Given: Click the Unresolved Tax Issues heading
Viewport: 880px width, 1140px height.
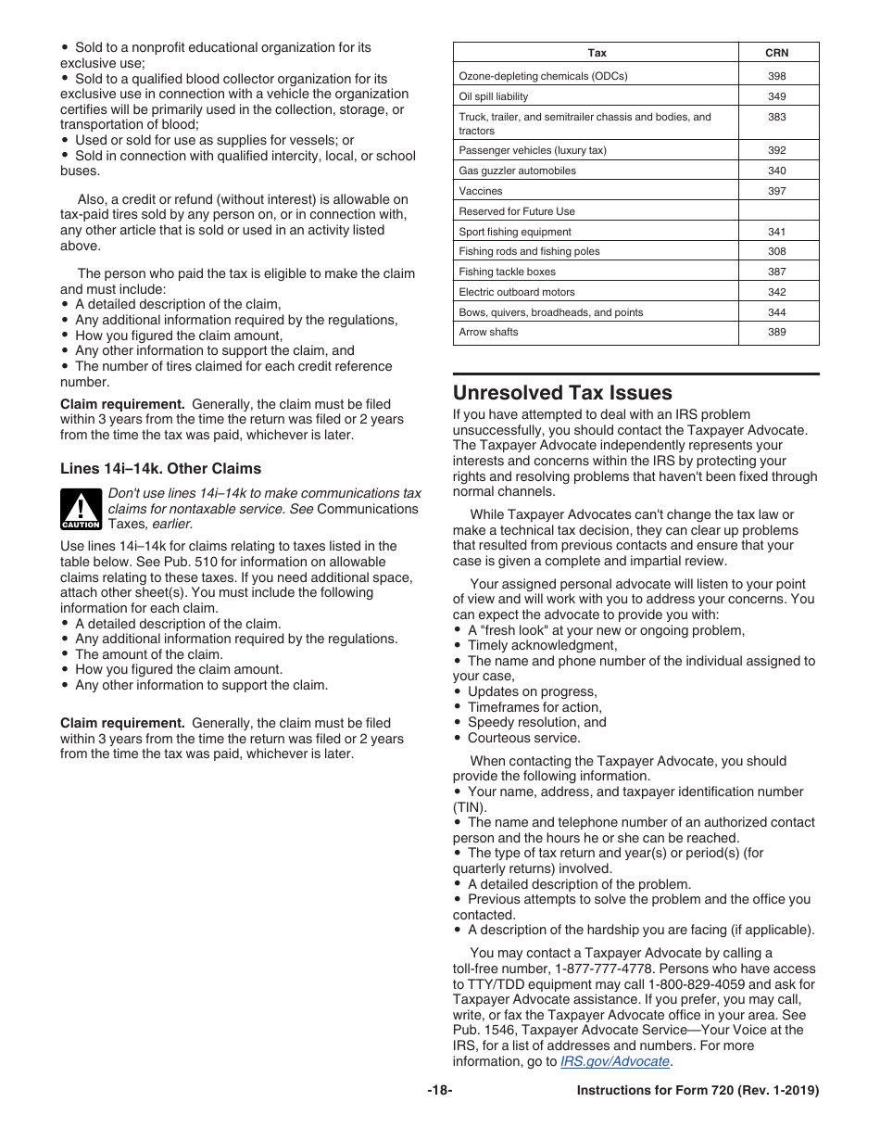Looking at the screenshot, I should pos(562,392).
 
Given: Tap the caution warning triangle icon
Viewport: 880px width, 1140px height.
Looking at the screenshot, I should pos(81,510).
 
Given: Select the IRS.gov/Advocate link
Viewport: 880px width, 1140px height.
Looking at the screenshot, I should pos(615,1061).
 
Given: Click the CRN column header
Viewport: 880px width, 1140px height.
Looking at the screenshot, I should pos(777,53).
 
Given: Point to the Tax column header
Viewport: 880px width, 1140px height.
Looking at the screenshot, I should pos(597,53).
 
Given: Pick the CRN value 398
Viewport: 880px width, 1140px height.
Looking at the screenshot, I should pos(777,76).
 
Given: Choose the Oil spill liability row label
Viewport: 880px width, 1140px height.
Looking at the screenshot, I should pos(494,96).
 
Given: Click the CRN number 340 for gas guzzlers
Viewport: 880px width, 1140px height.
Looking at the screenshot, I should pos(777,171).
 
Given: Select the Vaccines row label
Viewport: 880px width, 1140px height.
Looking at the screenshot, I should pos(481,191).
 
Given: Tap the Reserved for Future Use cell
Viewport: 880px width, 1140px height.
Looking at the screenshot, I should pos(517,211).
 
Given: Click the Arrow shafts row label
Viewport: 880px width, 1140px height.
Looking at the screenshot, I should pos(489,332).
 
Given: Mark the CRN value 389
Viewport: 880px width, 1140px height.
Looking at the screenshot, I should pos(777,332).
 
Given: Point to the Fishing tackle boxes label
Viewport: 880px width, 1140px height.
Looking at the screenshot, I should pos(507,272).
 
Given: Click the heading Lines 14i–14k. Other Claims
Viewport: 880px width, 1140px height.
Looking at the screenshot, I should pos(161,468).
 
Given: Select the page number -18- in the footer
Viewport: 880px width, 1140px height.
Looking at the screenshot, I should pos(440,1091).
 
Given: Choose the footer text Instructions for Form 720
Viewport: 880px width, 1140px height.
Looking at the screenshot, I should pos(698,1091).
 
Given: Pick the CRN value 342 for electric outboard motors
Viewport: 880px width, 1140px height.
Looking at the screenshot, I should pos(777,292).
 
